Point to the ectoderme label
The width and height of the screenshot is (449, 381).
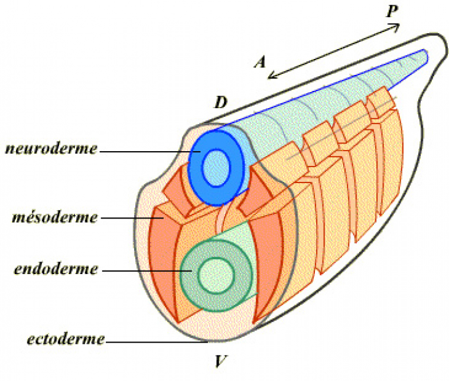[66, 340]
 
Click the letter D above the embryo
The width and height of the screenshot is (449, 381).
[220, 103]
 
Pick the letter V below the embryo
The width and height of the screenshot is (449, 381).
[219, 360]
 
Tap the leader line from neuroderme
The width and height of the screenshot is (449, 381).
[148, 151]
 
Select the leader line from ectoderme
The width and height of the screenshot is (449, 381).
[154, 341]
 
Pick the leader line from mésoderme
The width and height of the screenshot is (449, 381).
[130, 217]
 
